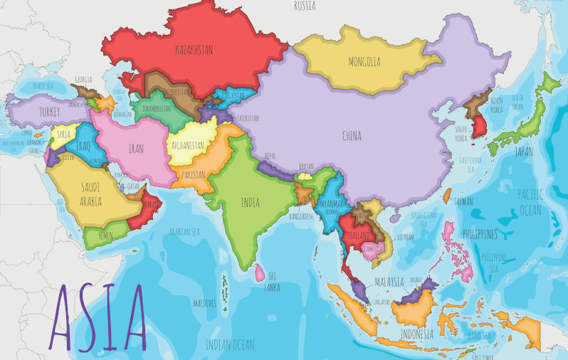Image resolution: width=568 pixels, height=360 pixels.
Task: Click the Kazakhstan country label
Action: pos(194,50)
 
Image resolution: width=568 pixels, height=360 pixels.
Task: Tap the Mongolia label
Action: pos(364,62)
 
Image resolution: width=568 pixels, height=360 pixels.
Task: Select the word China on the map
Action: pos(352,136)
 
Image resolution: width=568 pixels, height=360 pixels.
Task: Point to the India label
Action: pos(250,203)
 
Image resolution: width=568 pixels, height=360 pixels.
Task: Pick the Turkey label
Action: pos(50,112)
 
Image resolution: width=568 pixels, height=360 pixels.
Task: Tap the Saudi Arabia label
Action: pos(90,194)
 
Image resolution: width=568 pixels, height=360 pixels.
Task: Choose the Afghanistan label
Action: pos(188,145)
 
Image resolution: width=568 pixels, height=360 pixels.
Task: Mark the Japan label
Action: pos(524,152)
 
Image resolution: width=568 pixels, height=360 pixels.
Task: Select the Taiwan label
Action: pos(463,201)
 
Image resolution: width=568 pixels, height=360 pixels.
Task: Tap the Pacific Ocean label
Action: pos(530,201)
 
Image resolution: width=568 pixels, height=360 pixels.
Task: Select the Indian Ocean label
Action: pos(230,345)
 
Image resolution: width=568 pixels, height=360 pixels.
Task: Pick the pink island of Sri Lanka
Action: pos(261,272)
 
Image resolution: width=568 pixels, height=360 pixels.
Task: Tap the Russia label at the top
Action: pos(305,6)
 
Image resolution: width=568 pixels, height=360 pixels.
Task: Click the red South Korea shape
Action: pos(481,127)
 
